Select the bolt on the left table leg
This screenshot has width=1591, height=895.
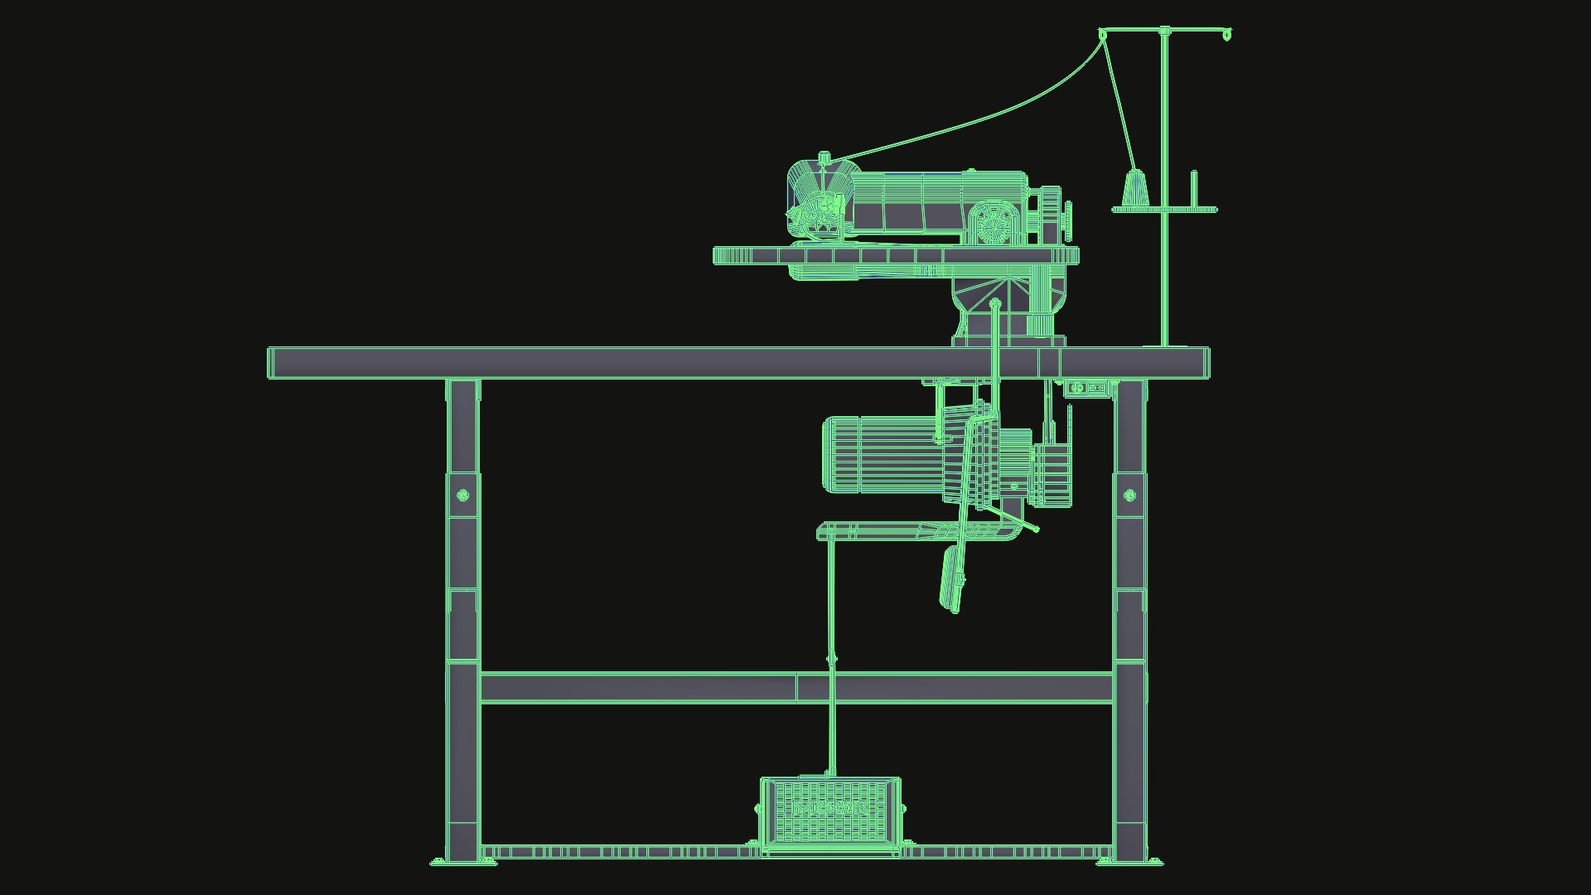pyautogui.click(x=463, y=496)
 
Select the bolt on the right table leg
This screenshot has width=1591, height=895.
pyautogui.click(x=1129, y=496)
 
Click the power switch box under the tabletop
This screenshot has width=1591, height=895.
pyautogui.click(x=1087, y=388)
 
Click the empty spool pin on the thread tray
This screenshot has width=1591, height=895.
pyautogui.click(x=1193, y=189)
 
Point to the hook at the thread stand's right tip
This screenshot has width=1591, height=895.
pyautogui.click(x=1227, y=36)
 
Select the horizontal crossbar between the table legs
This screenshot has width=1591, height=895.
pyautogui.click(x=795, y=688)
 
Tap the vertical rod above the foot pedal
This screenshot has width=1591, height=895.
pyautogui.click(x=831, y=663)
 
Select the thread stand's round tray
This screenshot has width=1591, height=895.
pyautogui.click(x=1163, y=210)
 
